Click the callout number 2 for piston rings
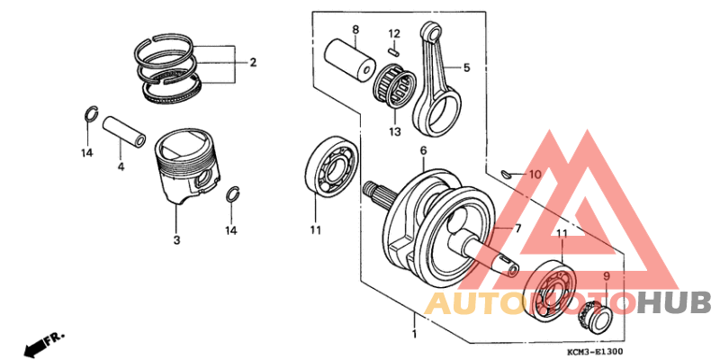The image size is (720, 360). pos(254,63)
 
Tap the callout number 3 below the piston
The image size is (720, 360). pos(177,240)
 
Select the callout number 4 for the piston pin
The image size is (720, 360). pos(121,166)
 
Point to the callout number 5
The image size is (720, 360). pos(467,67)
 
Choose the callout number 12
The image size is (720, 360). pos(393,33)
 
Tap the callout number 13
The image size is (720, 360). pos(393,132)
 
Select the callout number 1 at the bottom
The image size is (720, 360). pos(415,334)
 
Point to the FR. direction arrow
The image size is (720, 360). pos(45,343)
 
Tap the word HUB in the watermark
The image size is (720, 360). pos(675,302)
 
